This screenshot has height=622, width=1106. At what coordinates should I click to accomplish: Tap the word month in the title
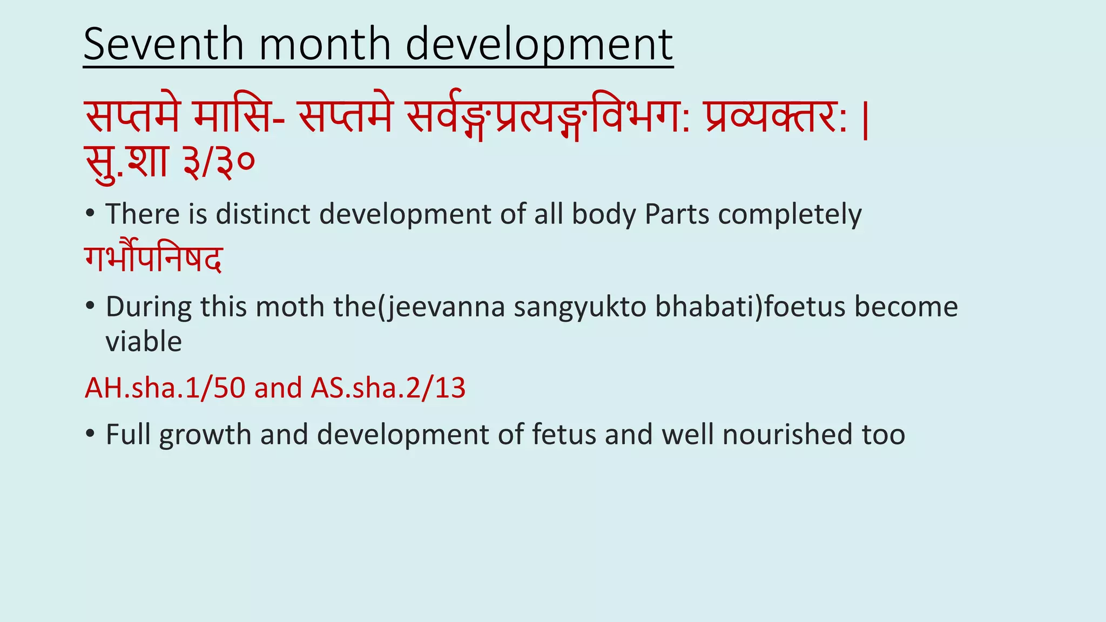click(x=325, y=44)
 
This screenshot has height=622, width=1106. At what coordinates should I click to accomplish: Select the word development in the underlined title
click(x=539, y=45)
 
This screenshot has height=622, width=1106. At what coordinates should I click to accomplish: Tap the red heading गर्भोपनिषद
click(x=153, y=259)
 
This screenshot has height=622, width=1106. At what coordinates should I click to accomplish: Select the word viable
click(x=144, y=341)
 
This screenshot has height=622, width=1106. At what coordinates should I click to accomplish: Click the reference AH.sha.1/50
click(x=165, y=388)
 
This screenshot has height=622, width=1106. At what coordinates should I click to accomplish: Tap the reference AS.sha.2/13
click(x=388, y=388)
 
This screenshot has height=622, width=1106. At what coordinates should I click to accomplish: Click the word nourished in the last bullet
click(x=787, y=434)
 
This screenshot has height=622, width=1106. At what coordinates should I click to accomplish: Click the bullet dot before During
click(x=90, y=307)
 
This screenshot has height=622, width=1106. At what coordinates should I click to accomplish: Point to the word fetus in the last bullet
click(x=564, y=434)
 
